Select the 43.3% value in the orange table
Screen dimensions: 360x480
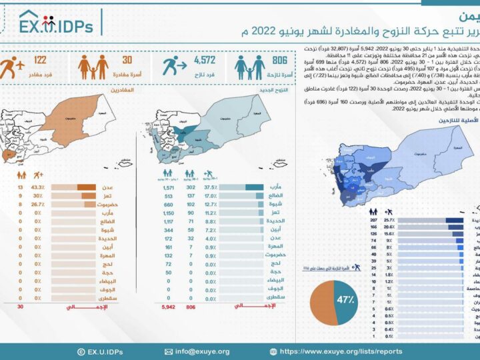click(x=37, y=188)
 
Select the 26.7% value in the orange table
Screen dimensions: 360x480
click(x=37, y=205)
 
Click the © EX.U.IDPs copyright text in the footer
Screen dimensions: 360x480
click(x=99, y=351)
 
